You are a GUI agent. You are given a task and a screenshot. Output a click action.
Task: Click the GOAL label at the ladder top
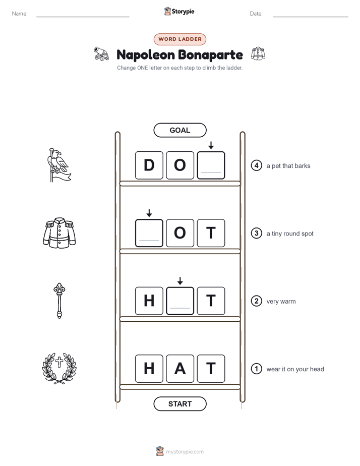tap(179, 130)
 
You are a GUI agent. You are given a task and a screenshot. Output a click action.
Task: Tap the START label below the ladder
tap(179, 404)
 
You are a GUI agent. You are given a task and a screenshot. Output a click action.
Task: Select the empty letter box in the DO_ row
tap(211, 165)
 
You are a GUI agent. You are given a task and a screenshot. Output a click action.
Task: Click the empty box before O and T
tap(149, 233)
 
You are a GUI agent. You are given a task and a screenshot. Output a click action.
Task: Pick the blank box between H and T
tap(180, 301)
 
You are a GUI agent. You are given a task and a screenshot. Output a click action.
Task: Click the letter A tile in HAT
tap(180, 369)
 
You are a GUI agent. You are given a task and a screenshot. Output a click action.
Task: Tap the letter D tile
tap(149, 165)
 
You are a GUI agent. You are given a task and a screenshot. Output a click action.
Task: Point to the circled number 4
tap(256, 165)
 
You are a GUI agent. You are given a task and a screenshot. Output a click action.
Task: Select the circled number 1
tap(256, 369)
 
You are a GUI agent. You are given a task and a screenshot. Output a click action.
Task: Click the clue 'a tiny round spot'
tap(290, 234)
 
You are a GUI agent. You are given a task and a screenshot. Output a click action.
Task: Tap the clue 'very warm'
tap(281, 302)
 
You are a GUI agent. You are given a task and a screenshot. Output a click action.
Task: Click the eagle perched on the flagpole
tap(59, 165)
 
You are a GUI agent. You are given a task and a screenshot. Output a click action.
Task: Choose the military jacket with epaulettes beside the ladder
tap(59, 232)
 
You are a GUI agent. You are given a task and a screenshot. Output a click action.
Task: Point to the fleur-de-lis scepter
tap(59, 301)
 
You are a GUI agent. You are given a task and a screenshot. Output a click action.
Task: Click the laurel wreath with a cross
tap(59, 368)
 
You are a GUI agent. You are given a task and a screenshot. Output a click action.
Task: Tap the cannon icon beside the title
tap(101, 54)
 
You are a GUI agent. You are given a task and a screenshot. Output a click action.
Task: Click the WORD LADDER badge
tap(179, 39)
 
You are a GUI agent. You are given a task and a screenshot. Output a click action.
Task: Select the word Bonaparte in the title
tap(211, 54)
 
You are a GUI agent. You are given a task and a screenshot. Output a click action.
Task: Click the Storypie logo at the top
tap(179, 11)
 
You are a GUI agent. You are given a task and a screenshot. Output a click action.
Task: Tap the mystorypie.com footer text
tap(185, 452)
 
